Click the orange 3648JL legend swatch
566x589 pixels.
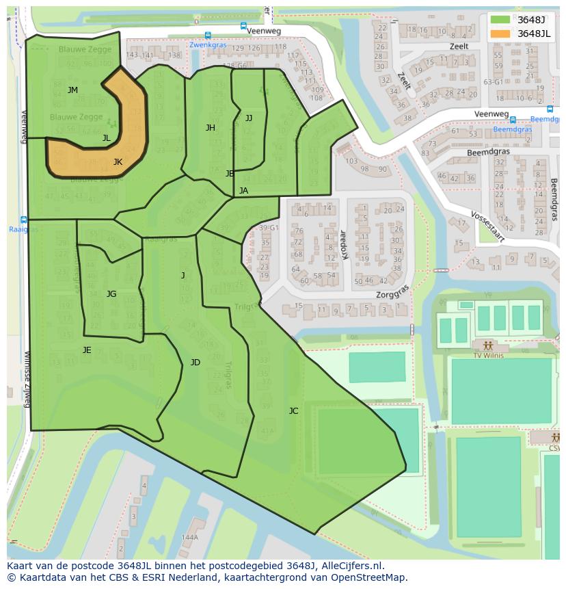[x=500, y=34]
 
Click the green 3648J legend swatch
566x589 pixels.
[x=500, y=19]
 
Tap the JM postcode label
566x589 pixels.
[x=72, y=90]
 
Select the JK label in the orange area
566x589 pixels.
[x=118, y=162]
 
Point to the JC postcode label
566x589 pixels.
[x=293, y=410]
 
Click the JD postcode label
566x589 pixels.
[x=196, y=363]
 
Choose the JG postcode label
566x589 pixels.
[x=111, y=294]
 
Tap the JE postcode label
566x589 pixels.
[x=87, y=350]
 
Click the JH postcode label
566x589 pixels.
[x=211, y=128]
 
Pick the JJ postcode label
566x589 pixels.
[x=248, y=118]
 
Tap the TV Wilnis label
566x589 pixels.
[x=487, y=356]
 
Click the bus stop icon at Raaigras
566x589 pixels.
[x=24, y=220]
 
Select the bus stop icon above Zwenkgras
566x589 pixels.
[x=208, y=36]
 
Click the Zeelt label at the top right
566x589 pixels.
[x=459, y=47]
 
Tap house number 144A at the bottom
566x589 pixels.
[x=189, y=537]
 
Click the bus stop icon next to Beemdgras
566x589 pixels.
[x=513, y=120]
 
